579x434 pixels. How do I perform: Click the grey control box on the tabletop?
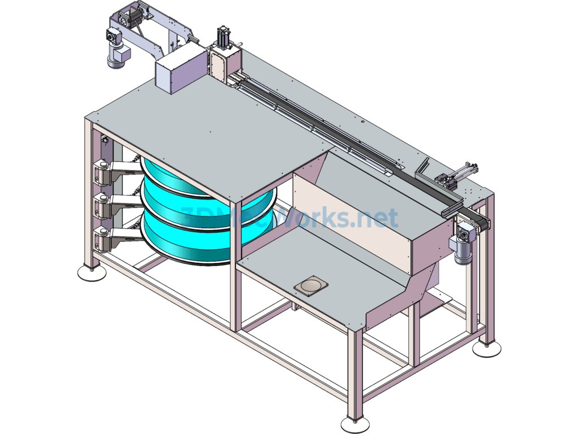tap(179, 69)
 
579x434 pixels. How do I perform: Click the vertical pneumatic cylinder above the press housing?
tap(223, 38)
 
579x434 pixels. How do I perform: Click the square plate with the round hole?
tap(311, 285)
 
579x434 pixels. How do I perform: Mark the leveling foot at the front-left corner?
tap(92, 273)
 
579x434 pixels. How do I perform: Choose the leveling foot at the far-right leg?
tap(487, 348)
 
